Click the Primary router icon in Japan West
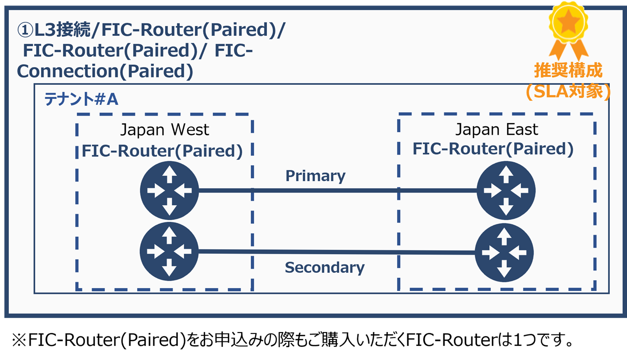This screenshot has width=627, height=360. tap(169, 190)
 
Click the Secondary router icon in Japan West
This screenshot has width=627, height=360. tap(169, 251)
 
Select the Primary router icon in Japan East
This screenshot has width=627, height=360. tap(506, 190)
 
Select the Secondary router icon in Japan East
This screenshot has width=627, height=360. tap(505, 253)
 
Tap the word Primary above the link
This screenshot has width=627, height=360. tap(315, 176)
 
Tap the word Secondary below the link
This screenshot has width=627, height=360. tap(324, 267)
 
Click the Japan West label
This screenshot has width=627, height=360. tap(165, 130)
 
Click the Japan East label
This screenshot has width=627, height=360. tap(497, 129)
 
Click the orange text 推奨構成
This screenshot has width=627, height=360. tap(568, 71)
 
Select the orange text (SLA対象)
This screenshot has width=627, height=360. tap(568, 92)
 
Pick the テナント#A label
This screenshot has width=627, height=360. tap(81, 99)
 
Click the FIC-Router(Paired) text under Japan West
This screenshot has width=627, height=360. tap(162, 151)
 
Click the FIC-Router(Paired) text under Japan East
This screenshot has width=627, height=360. tap(493, 149)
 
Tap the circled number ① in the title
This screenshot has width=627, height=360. tap(24, 30)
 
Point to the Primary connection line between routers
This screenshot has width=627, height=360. tap(338, 191)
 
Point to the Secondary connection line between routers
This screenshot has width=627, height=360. tap(338, 252)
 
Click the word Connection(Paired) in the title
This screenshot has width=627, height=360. tap(105, 72)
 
